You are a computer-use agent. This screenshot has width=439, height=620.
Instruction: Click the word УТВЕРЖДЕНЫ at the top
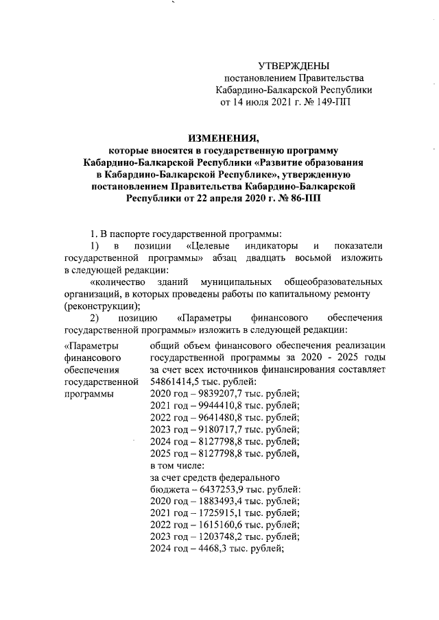coord(294,66)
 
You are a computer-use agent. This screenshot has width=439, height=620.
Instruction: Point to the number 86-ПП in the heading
coord(302,199)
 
